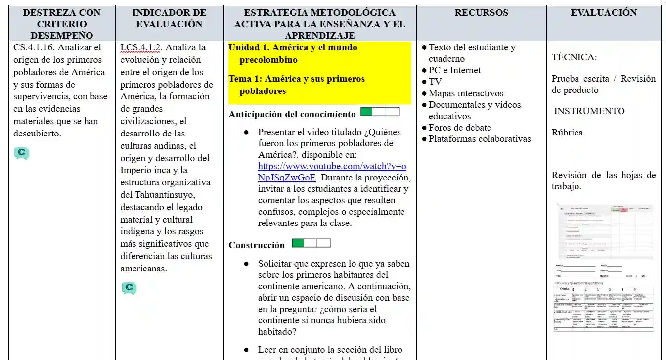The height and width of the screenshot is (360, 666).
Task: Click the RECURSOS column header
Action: click(481, 13)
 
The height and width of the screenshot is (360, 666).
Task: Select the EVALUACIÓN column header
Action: click(604, 13)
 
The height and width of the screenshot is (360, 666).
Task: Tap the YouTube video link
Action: click(332, 172)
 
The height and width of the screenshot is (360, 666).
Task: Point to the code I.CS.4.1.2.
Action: click(141, 47)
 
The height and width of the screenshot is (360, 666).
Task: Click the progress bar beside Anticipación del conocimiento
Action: click(380, 112)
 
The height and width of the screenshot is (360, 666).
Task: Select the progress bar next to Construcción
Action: click(311, 243)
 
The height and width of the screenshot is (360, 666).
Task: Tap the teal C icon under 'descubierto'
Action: click(21, 153)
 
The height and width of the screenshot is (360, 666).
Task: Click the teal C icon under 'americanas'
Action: click(129, 287)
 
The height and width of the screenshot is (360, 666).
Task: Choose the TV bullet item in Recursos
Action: click(435, 82)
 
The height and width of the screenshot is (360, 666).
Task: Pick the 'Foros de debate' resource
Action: click(460, 128)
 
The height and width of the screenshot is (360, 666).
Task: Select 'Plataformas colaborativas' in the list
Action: click(480, 139)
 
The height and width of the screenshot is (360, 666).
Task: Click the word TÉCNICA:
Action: click(574, 57)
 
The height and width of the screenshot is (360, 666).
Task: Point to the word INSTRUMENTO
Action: click(589, 111)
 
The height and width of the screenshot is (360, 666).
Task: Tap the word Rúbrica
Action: click(567, 133)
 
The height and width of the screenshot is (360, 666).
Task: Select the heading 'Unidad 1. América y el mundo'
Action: click(293, 47)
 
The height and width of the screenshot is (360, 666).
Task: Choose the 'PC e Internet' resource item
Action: click(454, 70)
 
